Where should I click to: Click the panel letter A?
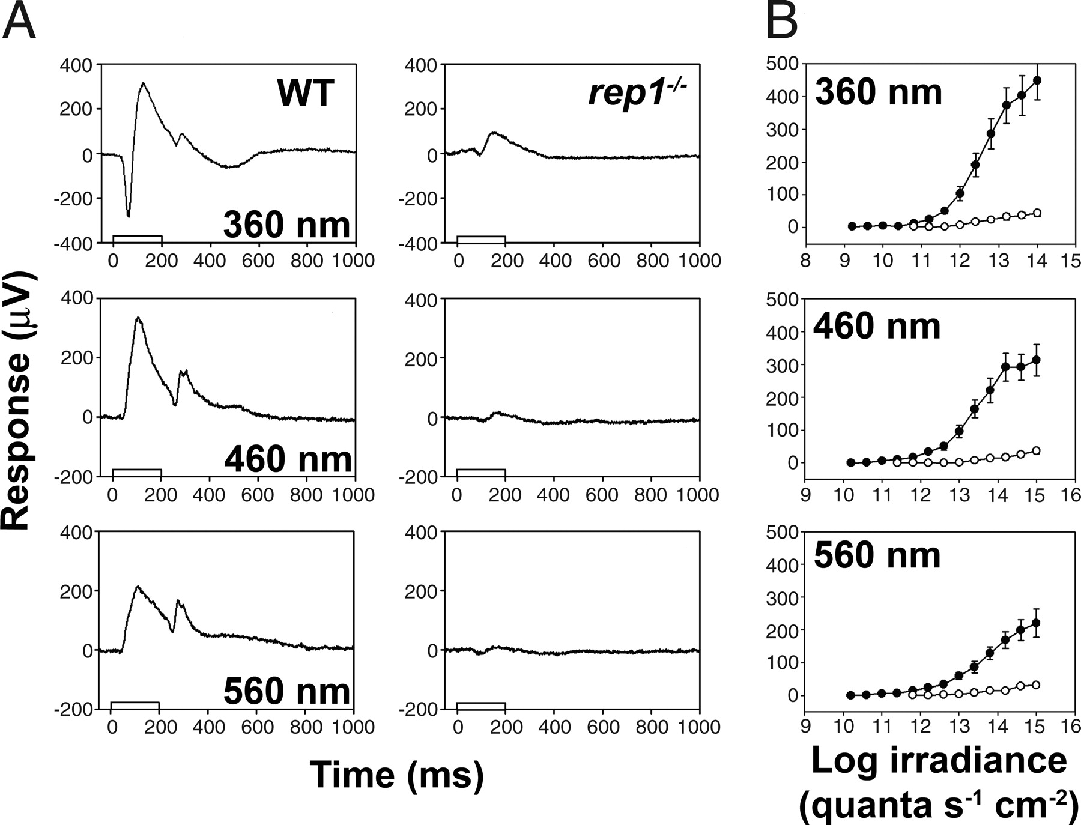[19, 22]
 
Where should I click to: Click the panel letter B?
[782, 22]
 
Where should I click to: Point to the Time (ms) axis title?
[397, 774]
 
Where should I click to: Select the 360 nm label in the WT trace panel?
[286, 225]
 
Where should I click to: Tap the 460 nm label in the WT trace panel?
[288, 459]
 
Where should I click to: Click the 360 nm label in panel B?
[878, 93]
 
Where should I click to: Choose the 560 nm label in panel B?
[877, 555]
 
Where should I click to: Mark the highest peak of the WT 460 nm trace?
[138, 318]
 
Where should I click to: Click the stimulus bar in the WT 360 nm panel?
[137, 239]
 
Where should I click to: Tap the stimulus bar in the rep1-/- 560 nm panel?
[481, 706]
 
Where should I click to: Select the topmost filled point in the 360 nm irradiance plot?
[1037, 80]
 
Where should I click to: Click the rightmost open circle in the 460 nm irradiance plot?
[1036, 451]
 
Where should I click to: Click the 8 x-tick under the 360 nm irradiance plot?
[805, 261]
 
